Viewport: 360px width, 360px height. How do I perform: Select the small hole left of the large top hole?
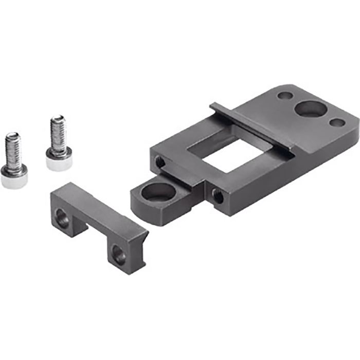point(283,95)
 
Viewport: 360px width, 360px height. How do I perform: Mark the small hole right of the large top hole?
point(337,123)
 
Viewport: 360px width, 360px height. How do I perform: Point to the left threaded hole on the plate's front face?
point(160,162)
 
